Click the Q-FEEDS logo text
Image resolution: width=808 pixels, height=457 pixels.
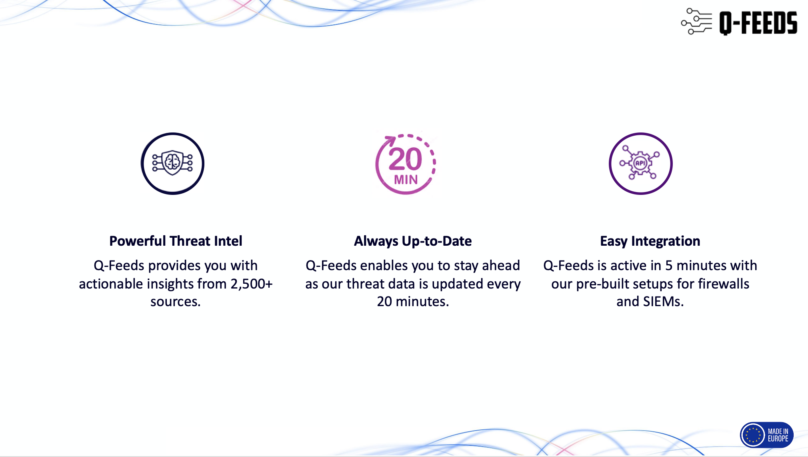758,23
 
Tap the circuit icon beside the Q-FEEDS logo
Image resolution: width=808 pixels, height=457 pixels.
696,22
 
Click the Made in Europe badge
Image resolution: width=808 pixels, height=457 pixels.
766,435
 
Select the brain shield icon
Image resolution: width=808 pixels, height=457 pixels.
172,164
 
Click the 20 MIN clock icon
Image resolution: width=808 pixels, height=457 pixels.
406,164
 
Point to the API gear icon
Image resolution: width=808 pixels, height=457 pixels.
640,164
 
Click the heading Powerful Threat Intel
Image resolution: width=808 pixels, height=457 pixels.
176,241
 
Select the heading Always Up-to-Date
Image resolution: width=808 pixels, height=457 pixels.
413,241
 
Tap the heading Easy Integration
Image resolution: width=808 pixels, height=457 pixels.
650,241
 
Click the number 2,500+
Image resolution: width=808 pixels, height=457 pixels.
252,284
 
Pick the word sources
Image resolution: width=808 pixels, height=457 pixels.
175,302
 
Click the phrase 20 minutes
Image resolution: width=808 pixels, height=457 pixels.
413,301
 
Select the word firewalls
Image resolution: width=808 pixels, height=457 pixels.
724,283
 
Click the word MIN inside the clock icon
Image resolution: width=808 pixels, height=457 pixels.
406,180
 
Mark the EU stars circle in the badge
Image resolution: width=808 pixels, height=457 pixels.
753,435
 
